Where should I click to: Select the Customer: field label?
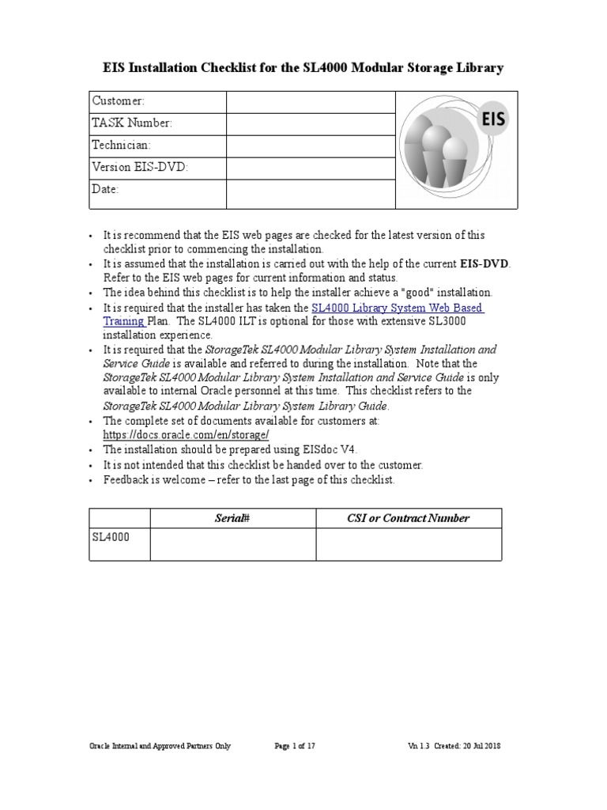(x=119, y=101)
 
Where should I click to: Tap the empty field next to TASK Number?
(x=310, y=123)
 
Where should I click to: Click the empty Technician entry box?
(x=310, y=146)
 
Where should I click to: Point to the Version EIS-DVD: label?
(x=140, y=168)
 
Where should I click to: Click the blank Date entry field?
(x=310, y=193)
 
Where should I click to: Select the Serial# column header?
(x=232, y=518)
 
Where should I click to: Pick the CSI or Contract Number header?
(x=408, y=518)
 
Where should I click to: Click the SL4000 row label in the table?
(x=111, y=536)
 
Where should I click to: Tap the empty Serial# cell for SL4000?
(x=232, y=544)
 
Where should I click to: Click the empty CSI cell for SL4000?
(x=408, y=544)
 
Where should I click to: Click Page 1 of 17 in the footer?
(x=295, y=746)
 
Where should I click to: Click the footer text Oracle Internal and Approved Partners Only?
(x=160, y=746)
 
